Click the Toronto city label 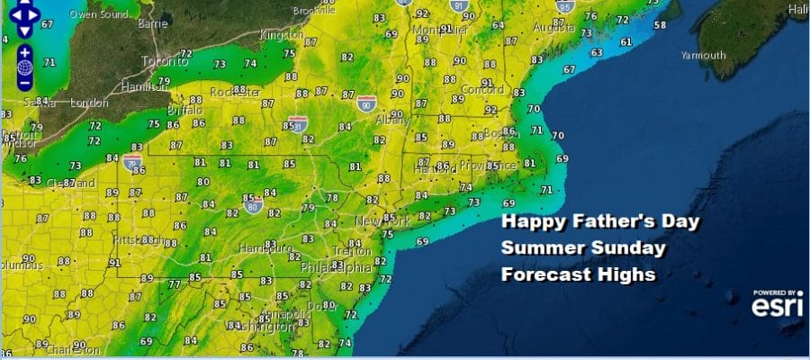(165, 62)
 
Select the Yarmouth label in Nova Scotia (705, 55)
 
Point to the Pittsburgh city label (135, 240)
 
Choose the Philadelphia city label (334, 267)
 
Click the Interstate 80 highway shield (253, 205)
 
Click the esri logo (778, 306)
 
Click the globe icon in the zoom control (24, 67)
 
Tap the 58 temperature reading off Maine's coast (660, 24)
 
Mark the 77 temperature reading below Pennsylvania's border (174, 284)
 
